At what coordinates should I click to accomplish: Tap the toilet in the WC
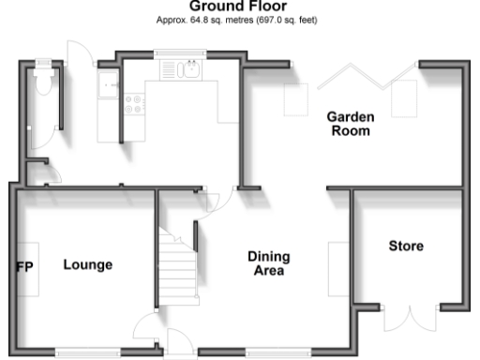tap(41, 82)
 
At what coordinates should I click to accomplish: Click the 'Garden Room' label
tap(350, 124)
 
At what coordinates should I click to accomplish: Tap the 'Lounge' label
tap(87, 264)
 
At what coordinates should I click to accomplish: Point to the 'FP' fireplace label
tap(24, 265)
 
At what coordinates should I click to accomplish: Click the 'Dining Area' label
tap(268, 263)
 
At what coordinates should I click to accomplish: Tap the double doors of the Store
tap(410, 319)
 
